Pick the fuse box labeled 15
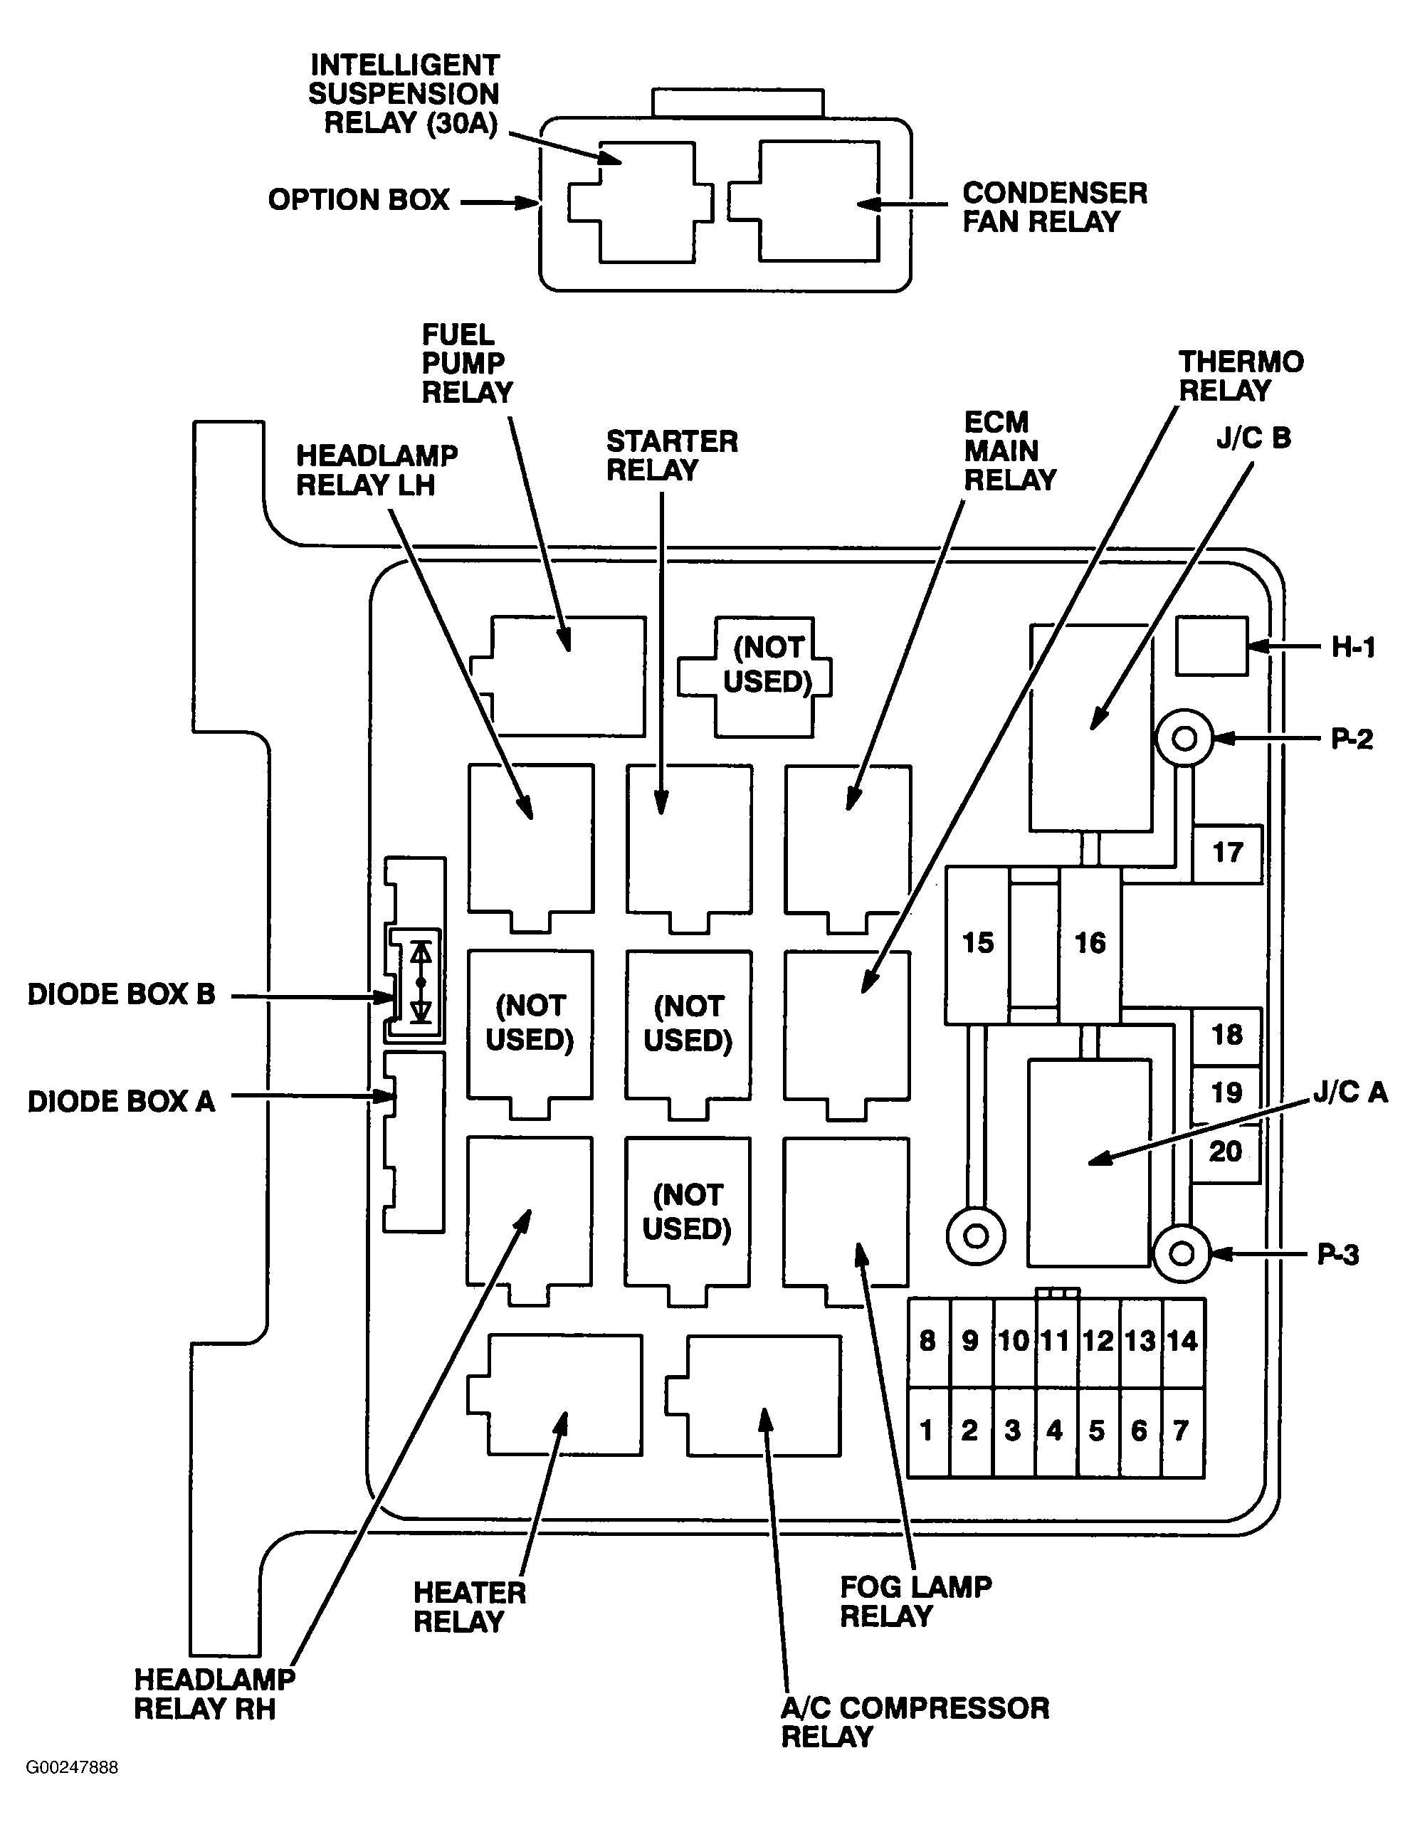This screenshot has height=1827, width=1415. click(977, 944)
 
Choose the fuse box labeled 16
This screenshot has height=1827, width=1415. click(1090, 944)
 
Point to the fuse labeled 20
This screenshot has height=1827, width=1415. click(1226, 1152)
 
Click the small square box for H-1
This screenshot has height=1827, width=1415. click(1211, 646)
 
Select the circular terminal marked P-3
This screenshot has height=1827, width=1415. click(1181, 1254)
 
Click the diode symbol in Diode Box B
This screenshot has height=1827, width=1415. click(421, 981)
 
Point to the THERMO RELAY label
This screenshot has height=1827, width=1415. click(1241, 377)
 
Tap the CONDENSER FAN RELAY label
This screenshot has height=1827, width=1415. click(1054, 207)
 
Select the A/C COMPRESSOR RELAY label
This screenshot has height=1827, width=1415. click(915, 1722)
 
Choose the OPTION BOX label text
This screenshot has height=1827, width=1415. click(358, 200)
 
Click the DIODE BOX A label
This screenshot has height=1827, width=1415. click(121, 1102)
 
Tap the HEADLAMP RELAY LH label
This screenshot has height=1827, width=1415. click(377, 470)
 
